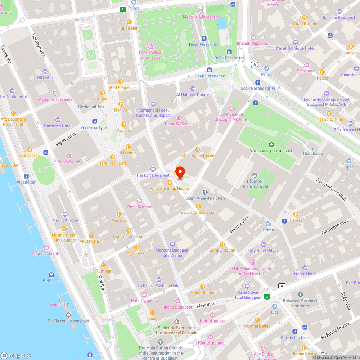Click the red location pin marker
pos(180,172)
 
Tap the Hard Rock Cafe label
pos(113,163)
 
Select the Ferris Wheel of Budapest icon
pos(151,46)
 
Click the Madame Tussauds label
pos(55,99)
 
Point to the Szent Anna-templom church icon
pos(205,192)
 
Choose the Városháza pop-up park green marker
pos(272,145)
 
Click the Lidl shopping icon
pos(275,306)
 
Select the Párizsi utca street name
pos(240,224)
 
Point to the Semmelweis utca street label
pos(331,189)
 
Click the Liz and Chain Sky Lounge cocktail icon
pos(64,229)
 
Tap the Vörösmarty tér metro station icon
pos(95,121)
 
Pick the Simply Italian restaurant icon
pos(222,244)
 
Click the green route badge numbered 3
pos(267,297)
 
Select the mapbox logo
pos(16,355)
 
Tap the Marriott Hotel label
pos(65,220)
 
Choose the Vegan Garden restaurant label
pos(305,24)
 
